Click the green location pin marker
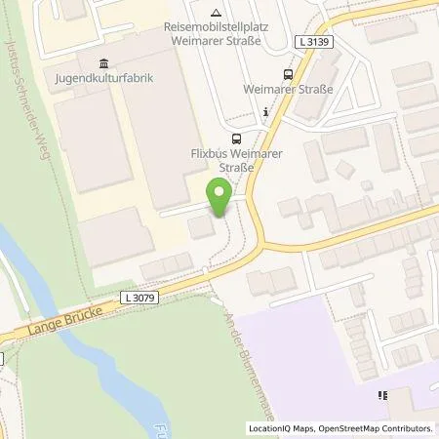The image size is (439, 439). [219, 199]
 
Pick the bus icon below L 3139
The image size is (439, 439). [287, 73]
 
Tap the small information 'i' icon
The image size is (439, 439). [265, 112]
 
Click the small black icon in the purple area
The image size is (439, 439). [382, 396]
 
